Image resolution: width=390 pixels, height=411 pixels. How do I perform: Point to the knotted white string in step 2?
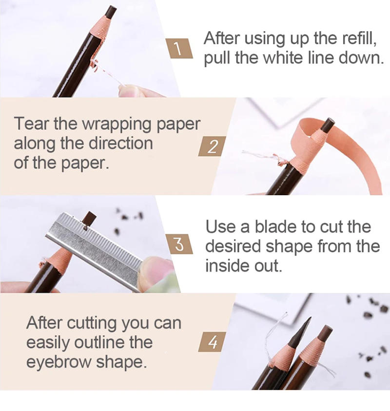(x=280, y=159)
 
